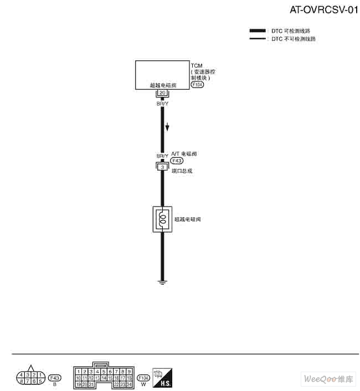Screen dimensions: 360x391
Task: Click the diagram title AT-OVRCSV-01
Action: coord(320,10)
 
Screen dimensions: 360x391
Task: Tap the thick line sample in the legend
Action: coord(258,31)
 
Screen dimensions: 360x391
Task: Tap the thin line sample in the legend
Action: coord(258,39)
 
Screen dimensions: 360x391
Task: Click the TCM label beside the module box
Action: coord(196,66)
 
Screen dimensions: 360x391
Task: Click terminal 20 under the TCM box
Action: coord(162,93)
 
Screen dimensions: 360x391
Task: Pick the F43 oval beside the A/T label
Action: coord(177,161)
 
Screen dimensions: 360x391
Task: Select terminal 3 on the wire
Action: coord(162,167)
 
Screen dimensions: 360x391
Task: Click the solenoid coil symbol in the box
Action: coord(162,219)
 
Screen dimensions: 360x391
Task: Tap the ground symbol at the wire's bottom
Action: coord(162,283)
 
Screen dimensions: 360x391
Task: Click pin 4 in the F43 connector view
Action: coord(20,375)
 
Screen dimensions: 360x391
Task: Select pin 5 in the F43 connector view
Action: coord(40,381)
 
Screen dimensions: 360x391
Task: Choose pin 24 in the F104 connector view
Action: coord(130,384)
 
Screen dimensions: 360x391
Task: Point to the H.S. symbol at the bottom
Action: coord(162,379)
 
